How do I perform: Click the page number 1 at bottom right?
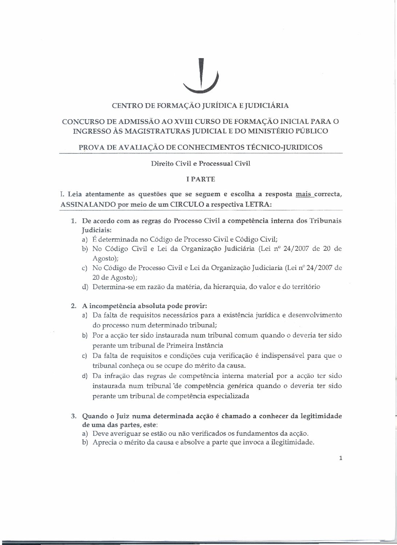[340, 458]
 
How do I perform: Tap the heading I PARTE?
[201, 179]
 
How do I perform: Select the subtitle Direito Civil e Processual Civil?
[201, 163]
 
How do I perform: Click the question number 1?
[74, 221]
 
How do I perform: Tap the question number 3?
[74, 416]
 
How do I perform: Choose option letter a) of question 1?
[85, 239]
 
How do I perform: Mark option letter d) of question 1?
[85, 287]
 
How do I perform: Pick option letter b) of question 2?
[85, 335]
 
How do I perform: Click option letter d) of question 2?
[85, 376]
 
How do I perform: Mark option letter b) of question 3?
[85, 443]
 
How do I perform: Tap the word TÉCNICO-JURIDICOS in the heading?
[285, 147]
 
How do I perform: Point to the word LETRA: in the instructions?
[258, 204]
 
